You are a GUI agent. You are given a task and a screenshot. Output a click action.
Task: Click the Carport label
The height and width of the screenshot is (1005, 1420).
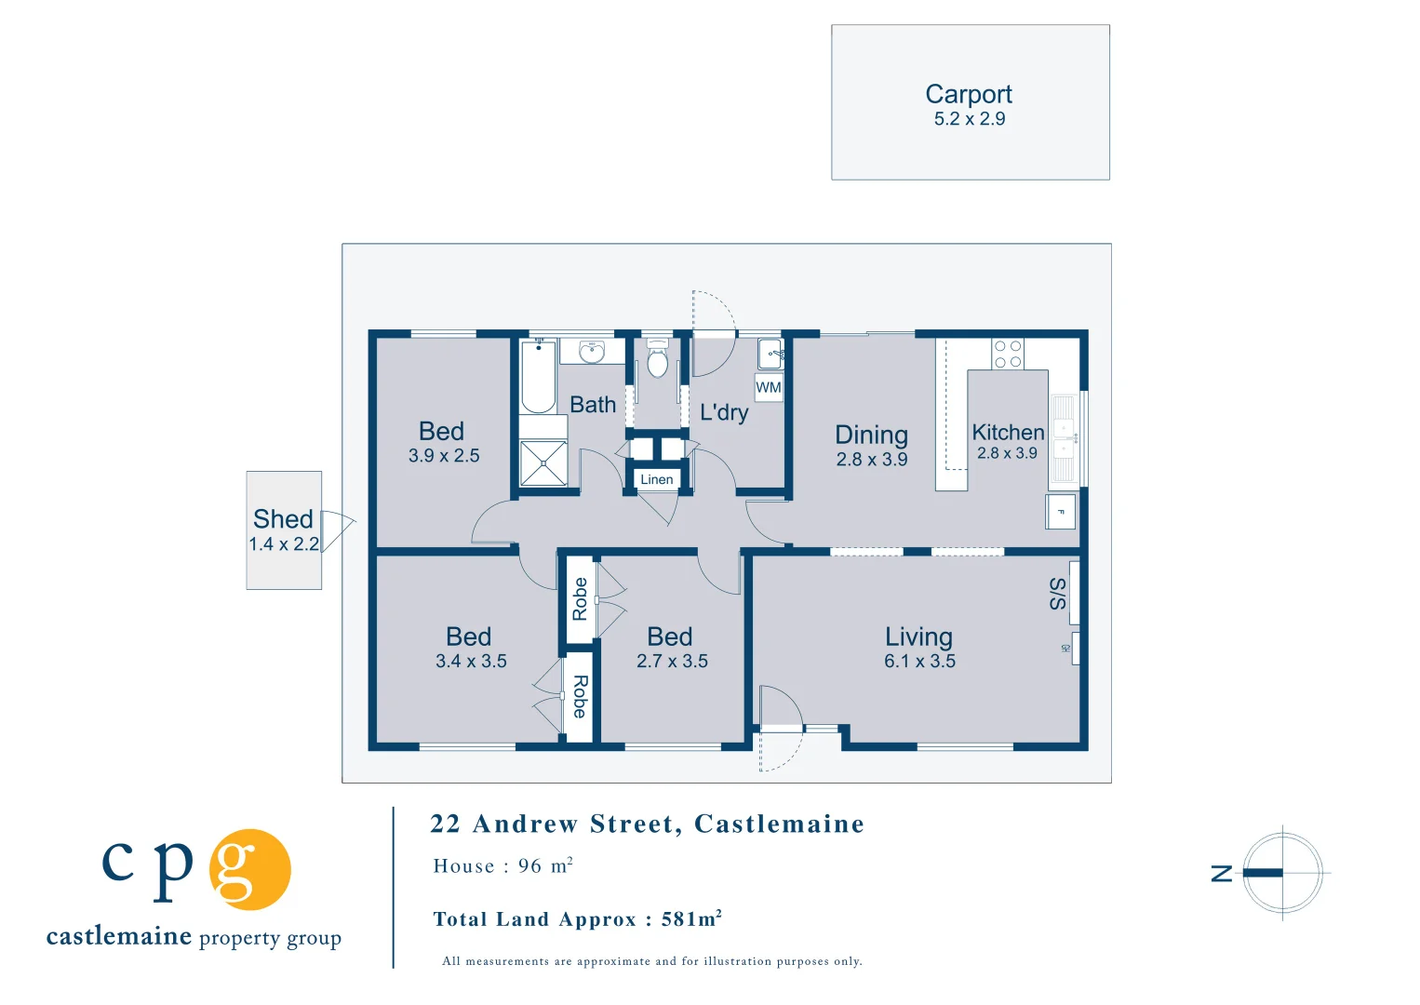969,94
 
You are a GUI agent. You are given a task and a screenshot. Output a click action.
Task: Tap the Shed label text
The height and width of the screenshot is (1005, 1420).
283,519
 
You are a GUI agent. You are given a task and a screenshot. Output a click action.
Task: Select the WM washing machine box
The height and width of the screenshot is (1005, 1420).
769,388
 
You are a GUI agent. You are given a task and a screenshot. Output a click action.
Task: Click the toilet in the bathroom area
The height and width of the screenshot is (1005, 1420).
657,360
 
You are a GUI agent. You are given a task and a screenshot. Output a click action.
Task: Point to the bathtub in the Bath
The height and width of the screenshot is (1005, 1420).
538,378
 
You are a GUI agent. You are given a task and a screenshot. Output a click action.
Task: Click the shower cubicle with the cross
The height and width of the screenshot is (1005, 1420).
543,463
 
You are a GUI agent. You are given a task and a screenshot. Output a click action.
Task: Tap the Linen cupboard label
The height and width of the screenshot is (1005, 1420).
656,479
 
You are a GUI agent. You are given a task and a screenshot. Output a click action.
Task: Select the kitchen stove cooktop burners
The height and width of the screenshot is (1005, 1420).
1007,355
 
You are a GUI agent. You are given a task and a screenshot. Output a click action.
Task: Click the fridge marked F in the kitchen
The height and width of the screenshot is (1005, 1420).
1061,512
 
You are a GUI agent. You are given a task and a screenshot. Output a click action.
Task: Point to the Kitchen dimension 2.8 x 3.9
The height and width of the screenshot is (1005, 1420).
1007,453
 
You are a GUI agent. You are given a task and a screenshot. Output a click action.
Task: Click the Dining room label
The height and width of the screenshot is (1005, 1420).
871,435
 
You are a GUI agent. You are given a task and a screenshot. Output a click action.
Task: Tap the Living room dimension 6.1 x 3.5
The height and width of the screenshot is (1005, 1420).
919,662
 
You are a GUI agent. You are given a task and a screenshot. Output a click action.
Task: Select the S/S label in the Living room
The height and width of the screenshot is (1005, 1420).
1058,593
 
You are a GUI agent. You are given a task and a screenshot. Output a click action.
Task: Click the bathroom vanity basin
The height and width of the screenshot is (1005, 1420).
592,352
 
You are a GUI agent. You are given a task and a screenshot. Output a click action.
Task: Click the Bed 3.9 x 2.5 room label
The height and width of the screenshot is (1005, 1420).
442,432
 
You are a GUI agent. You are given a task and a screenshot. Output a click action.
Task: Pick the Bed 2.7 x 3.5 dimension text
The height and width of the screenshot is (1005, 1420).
672,662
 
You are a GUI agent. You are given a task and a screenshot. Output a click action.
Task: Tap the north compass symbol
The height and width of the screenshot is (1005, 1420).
1282,873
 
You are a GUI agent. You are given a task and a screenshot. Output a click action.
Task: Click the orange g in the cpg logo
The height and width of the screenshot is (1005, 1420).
249,869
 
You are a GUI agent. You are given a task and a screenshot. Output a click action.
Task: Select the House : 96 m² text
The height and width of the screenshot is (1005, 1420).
502,866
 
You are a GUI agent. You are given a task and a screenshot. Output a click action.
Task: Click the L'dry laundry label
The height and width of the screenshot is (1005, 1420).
723,412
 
